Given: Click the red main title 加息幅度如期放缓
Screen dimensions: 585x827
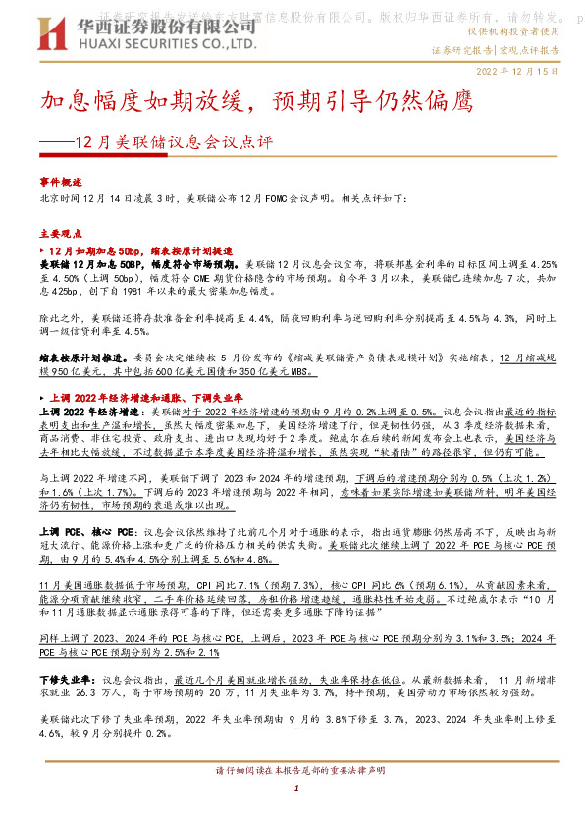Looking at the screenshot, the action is point(143,101).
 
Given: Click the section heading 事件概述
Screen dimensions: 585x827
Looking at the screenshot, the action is point(60,182).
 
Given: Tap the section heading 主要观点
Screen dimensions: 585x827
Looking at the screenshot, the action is point(60,235).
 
